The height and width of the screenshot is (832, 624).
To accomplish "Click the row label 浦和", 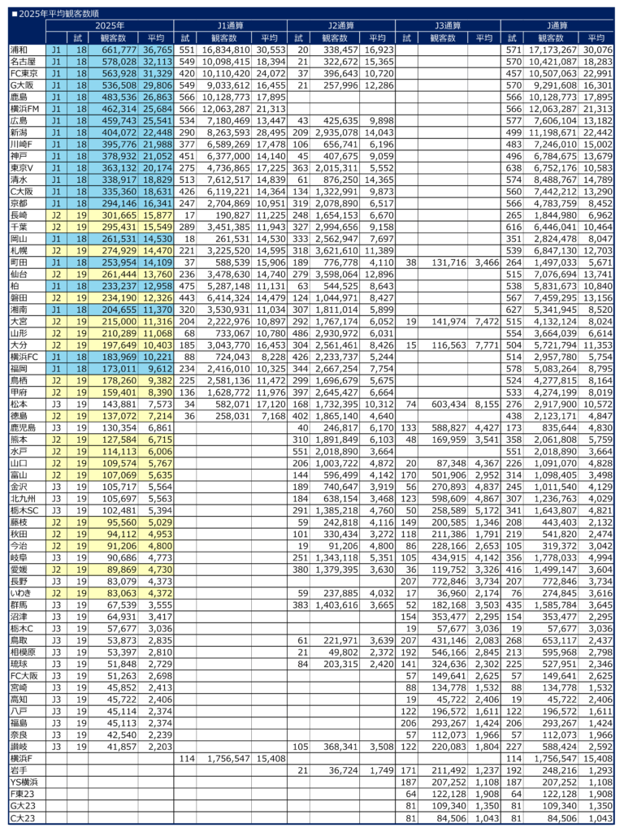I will tap(19, 50).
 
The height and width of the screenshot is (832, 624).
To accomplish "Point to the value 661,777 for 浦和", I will tap(115, 50).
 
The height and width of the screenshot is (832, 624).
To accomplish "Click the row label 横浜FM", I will tap(25, 107).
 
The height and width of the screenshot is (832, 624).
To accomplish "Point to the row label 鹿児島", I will tap(22, 449).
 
